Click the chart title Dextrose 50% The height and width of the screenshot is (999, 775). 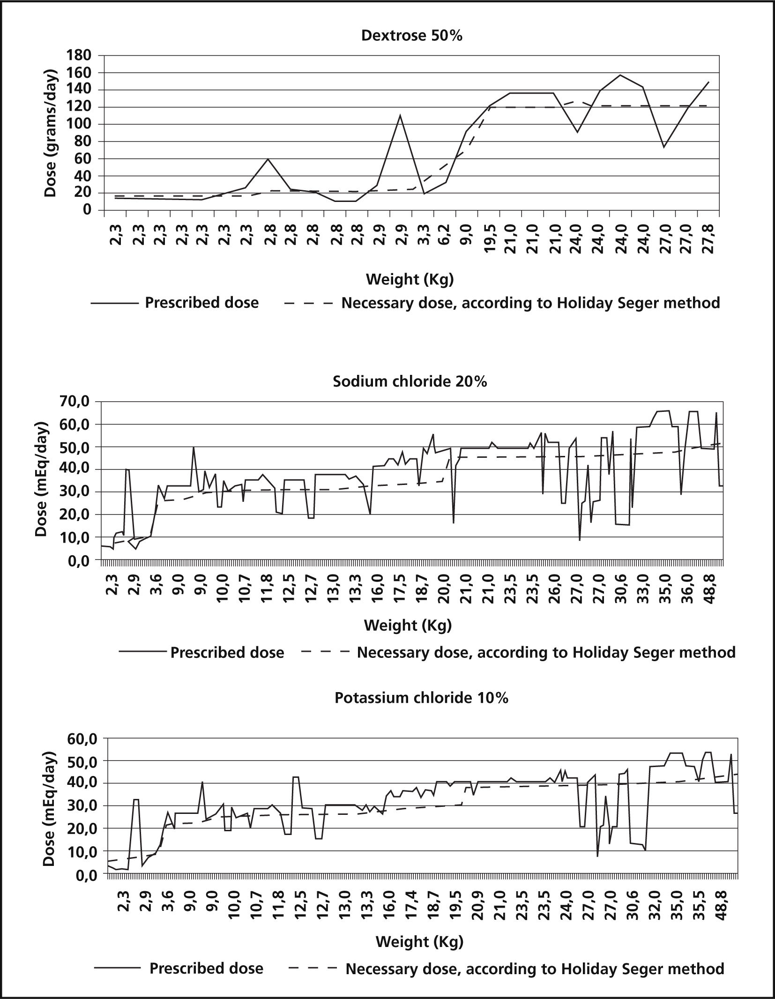(412, 36)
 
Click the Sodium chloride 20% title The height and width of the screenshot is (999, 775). (410, 381)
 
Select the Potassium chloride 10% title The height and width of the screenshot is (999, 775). (421, 698)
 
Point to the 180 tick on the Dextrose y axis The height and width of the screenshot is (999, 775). (80, 56)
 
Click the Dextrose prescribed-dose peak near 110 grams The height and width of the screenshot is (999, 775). (400, 115)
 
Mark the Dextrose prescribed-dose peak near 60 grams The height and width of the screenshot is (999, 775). (268, 159)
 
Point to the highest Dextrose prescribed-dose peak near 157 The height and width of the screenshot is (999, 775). (620, 75)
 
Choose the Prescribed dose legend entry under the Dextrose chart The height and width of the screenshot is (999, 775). (201, 303)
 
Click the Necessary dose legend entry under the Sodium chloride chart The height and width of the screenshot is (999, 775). (546, 652)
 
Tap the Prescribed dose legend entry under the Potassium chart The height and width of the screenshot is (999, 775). (206, 968)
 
